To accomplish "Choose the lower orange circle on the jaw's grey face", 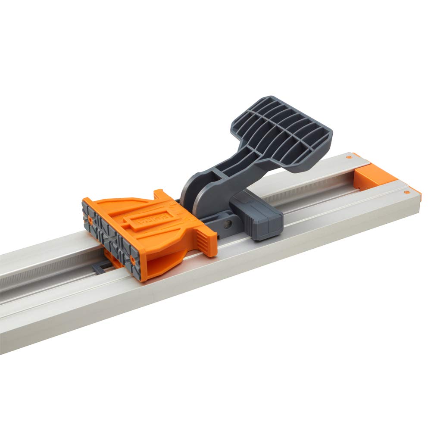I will pos(132,259).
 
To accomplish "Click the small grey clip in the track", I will pos(98,268).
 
